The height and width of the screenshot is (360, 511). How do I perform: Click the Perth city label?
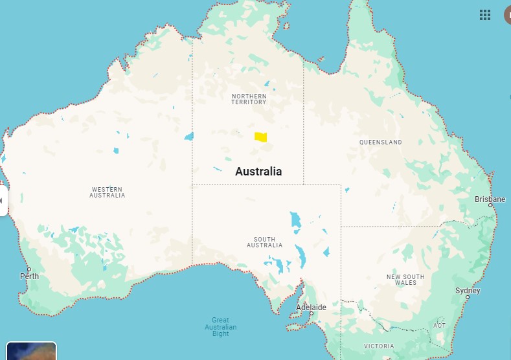(29, 276)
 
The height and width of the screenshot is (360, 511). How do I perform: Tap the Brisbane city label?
(490, 199)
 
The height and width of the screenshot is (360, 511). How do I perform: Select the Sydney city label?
(468, 291)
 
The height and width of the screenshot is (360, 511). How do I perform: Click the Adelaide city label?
(311, 307)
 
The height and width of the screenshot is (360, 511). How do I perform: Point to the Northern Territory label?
(249, 99)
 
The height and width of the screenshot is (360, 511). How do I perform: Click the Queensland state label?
(380, 142)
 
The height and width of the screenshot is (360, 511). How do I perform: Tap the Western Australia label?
(107, 192)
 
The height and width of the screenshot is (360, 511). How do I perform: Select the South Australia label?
(264, 242)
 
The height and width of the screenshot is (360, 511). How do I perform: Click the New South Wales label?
(405, 280)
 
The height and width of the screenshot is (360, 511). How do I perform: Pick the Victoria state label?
(378, 346)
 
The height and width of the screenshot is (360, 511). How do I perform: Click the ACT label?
(440, 325)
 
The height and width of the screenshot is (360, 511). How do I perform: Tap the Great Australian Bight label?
(220, 327)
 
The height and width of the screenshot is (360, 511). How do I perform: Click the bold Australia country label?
(258, 172)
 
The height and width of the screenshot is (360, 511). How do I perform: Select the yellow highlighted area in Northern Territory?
(260, 137)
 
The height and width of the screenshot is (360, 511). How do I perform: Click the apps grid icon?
(485, 15)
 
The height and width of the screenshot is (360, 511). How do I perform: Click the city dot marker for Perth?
(28, 269)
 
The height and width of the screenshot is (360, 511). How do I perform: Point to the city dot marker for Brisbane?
(490, 205)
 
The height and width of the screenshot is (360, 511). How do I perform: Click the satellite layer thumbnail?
(31, 351)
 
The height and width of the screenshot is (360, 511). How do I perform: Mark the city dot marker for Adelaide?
(311, 313)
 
